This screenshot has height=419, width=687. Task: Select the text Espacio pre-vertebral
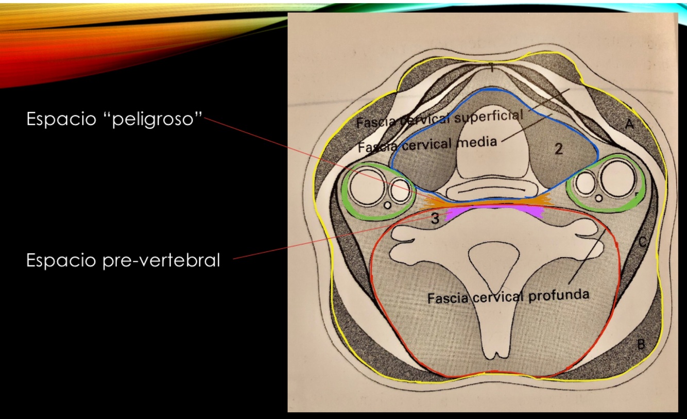point(123,260)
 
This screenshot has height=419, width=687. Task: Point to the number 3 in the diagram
point(435,219)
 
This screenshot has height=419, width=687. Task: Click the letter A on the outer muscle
point(630,124)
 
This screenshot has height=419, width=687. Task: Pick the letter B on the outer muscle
point(641,345)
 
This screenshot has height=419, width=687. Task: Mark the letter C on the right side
point(642,241)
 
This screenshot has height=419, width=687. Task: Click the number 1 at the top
point(492,68)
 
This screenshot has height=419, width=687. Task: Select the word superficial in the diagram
point(489,116)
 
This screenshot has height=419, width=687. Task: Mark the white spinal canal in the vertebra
point(492,260)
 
